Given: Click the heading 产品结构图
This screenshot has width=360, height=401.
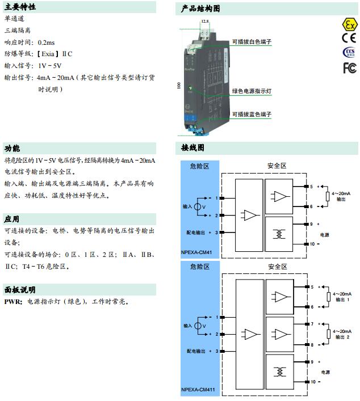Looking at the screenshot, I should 200,8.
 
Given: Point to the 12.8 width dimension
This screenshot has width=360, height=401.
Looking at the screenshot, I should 205,22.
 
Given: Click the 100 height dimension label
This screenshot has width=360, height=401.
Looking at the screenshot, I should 179,85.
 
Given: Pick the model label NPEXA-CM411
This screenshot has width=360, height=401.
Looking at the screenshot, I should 198,390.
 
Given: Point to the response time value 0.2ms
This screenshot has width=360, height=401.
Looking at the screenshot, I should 46,42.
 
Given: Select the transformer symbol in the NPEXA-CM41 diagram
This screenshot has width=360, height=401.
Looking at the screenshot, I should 279,233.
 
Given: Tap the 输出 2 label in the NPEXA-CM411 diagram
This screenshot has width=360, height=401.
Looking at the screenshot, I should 347,337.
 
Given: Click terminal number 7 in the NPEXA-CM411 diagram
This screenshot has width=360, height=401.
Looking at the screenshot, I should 312,324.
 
